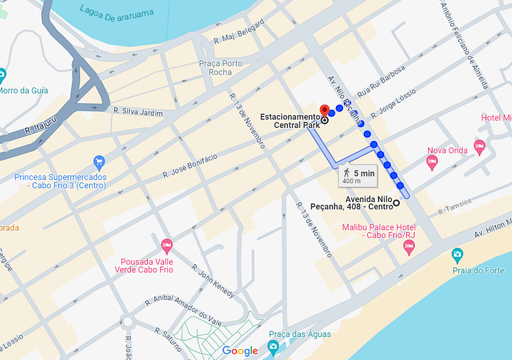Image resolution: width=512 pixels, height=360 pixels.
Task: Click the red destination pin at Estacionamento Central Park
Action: coord(325,111)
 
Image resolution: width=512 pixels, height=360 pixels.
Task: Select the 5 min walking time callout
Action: coord(359,176)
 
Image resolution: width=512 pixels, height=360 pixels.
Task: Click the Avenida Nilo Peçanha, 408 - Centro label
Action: coord(368,203)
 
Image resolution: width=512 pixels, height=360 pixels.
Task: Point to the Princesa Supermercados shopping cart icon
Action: coord(99,161)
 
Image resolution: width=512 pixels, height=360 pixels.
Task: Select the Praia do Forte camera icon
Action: coord(457,254)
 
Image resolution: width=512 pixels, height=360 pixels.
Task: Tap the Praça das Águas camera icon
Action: coord(273,346)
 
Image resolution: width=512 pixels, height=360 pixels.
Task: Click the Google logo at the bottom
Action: coord(240,351)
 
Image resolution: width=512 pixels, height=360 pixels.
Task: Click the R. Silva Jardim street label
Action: coord(138,113)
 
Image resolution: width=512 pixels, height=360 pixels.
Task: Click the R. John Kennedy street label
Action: coord(213,281)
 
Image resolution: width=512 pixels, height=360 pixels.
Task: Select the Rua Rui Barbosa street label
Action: coord(381,81)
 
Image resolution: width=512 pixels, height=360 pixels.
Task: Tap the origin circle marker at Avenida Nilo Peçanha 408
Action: coord(396,203)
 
